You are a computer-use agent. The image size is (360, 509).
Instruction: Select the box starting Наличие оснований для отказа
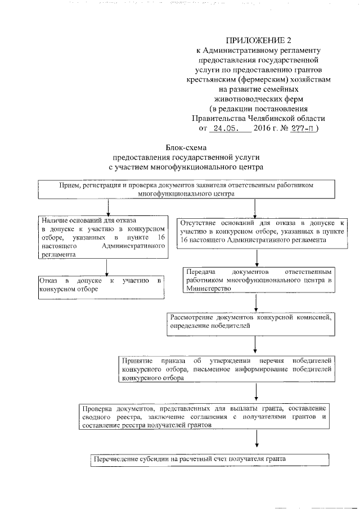(x=103, y=237)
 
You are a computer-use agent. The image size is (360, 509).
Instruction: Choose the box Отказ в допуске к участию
(x=100, y=285)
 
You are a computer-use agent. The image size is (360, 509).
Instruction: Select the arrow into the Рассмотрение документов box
(x=256, y=302)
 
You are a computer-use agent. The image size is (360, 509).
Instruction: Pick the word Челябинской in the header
(x=263, y=119)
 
